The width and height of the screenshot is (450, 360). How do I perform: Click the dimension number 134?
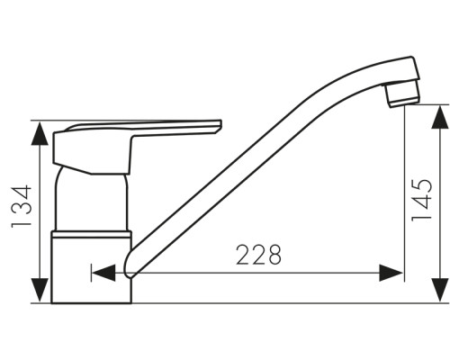(x=22, y=206)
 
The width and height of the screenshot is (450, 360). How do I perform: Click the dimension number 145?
(x=422, y=201)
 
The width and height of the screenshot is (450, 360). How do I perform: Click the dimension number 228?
(x=258, y=255)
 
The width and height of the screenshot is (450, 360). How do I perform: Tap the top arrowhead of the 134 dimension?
(x=40, y=134)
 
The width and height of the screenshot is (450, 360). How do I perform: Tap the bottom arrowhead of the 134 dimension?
(x=40, y=290)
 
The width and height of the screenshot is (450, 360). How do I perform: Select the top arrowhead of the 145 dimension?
(x=440, y=117)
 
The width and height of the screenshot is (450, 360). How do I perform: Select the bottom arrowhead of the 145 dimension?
(x=440, y=290)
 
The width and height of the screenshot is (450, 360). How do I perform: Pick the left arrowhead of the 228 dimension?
(x=103, y=273)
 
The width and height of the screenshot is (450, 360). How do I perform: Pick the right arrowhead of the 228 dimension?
(x=391, y=273)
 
